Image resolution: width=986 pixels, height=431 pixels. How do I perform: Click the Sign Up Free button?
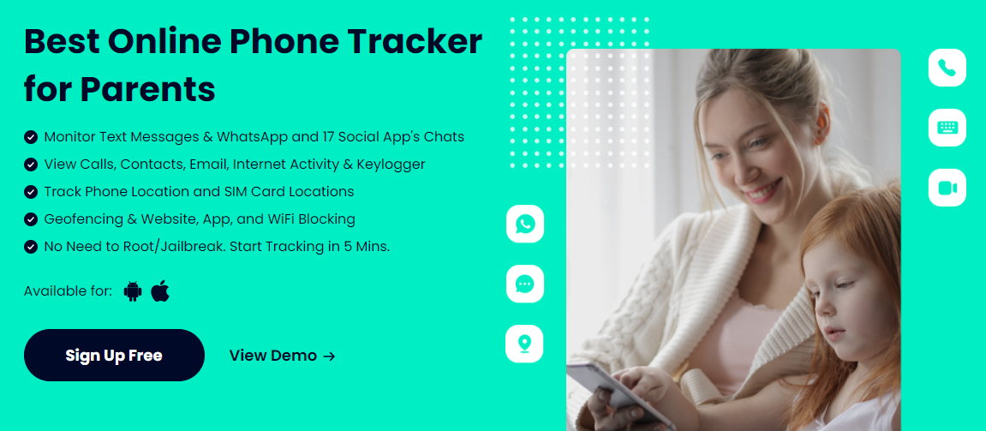[x=114, y=355]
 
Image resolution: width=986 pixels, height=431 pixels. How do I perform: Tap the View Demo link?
[x=283, y=356]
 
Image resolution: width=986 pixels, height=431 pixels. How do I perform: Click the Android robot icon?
[x=133, y=291]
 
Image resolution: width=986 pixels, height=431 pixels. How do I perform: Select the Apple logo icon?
[x=160, y=290]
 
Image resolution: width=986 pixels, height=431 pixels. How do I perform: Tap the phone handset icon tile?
[x=947, y=68]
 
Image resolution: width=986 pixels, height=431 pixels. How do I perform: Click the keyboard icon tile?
[x=947, y=128]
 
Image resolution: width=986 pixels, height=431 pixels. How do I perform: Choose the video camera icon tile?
[x=947, y=188]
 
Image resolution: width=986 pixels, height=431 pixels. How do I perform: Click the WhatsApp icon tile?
[x=525, y=224]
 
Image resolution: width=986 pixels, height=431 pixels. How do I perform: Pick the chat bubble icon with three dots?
[x=525, y=284]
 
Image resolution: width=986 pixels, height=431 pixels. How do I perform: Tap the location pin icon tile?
[x=524, y=344]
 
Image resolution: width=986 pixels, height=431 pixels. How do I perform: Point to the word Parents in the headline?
[x=148, y=89]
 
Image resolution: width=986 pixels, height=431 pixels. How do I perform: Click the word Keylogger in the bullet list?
[x=391, y=165]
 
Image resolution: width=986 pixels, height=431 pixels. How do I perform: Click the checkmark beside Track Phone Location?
[x=30, y=191]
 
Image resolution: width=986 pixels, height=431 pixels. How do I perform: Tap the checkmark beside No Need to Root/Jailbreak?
[x=30, y=247]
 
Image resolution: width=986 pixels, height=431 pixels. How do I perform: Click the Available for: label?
[x=68, y=291]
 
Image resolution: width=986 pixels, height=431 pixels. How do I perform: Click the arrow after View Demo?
[x=329, y=356]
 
